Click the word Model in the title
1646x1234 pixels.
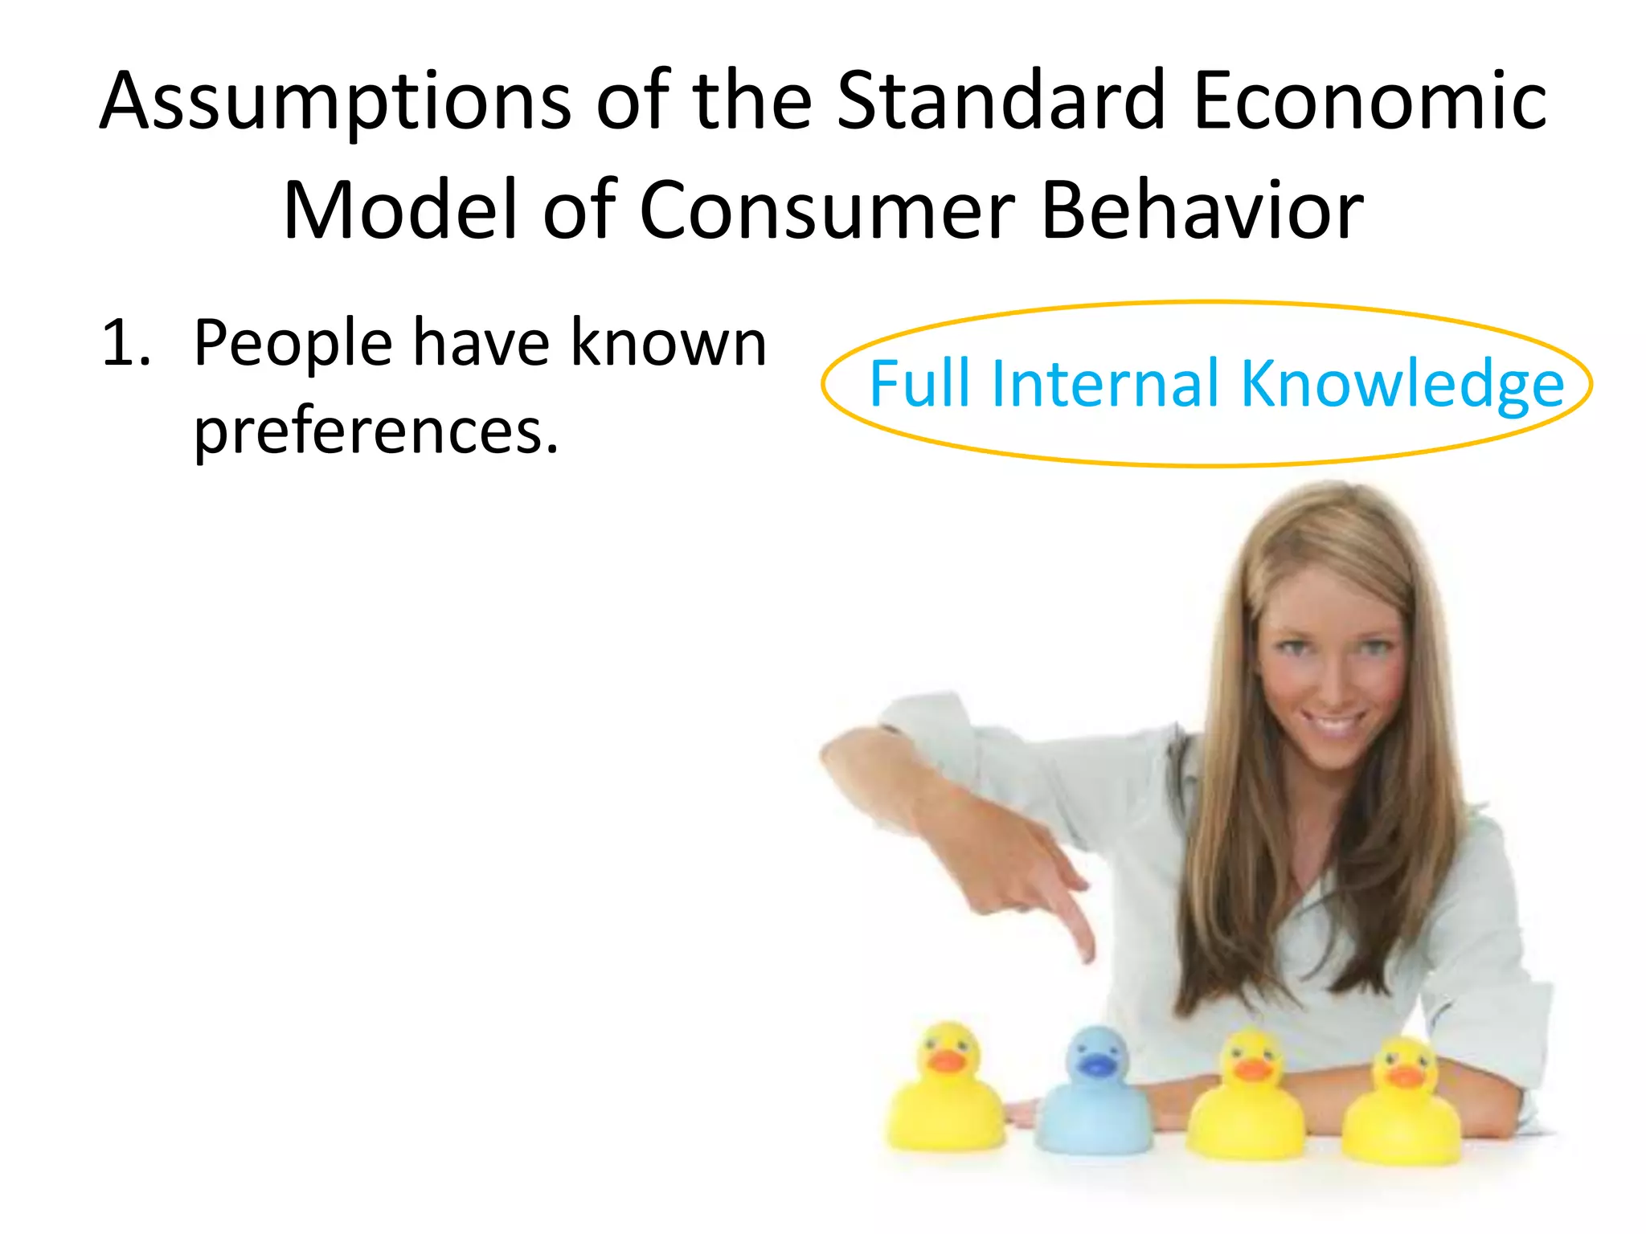point(402,210)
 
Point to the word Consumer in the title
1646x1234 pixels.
point(828,210)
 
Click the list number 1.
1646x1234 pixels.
point(125,344)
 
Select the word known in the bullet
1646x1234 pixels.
point(669,344)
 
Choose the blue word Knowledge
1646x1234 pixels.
point(1402,386)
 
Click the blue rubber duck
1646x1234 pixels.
point(1093,1097)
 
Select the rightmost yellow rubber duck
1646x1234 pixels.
point(1402,1105)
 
